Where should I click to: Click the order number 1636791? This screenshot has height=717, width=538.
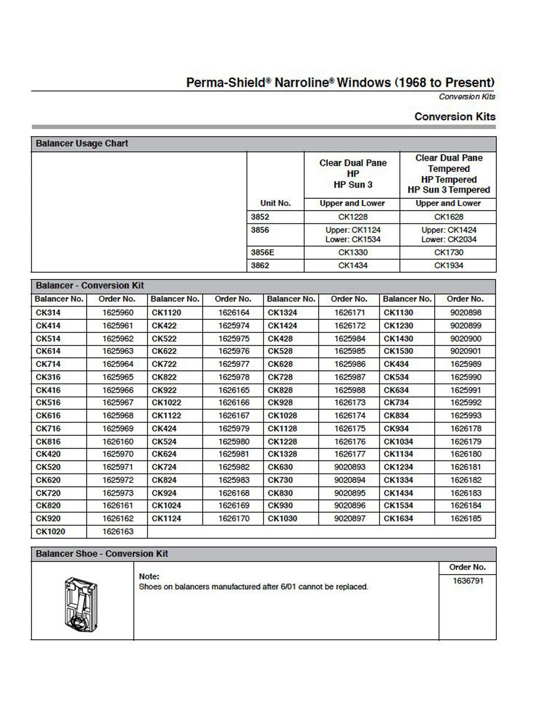click(x=467, y=581)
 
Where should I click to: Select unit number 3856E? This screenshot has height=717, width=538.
click(x=262, y=253)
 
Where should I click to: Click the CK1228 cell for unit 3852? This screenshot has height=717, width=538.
click(x=353, y=217)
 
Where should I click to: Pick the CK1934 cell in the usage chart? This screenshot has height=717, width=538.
click(x=448, y=266)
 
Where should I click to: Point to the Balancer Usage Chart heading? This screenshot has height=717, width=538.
click(x=82, y=143)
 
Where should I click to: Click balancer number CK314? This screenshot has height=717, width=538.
click(x=48, y=313)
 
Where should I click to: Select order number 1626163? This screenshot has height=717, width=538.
click(x=118, y=531)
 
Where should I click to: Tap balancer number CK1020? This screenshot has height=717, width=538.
click(x=50, y=531)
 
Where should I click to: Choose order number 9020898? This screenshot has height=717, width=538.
click(x=466, y=313)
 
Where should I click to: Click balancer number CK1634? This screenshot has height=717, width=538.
click(x=398, y=519)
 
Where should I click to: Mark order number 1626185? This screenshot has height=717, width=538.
click(x=466, y=519)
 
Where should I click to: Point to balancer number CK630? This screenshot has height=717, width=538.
click(x=280, y=467)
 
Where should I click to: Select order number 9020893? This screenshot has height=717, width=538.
click(x=350, y=467)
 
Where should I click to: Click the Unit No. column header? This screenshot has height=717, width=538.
click(x=275, y=203)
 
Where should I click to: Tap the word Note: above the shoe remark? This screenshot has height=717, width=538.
click(x=149, y=576)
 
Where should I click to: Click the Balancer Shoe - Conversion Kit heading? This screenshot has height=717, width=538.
click(x=102, y=554)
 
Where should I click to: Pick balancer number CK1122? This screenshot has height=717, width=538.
click(x=166, y=416)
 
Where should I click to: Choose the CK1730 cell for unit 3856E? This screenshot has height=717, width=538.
click(x=448, y=253)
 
